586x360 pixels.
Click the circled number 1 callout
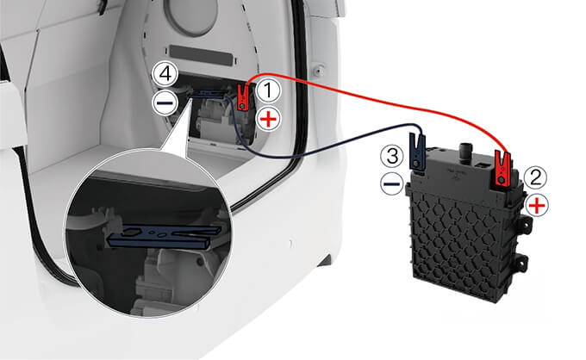(268, 90)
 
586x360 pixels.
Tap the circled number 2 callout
(535, 177)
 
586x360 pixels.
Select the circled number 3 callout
(392, 156)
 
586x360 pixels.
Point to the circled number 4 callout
(165, 74)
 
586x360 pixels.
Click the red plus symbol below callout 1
(268, 120)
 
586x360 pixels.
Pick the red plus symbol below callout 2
(537, 206)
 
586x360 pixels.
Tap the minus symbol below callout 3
(391, 183)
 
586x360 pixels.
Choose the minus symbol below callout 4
(165, 102)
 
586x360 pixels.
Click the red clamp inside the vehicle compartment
(243, 97)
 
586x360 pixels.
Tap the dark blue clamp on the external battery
(417, 152)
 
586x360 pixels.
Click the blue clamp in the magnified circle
(164, 236)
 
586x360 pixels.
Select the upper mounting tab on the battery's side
(523, 225)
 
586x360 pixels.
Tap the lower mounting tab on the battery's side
(521, 263)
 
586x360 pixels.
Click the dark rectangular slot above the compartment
(201, 55)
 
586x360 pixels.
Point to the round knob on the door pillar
(318, 70)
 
